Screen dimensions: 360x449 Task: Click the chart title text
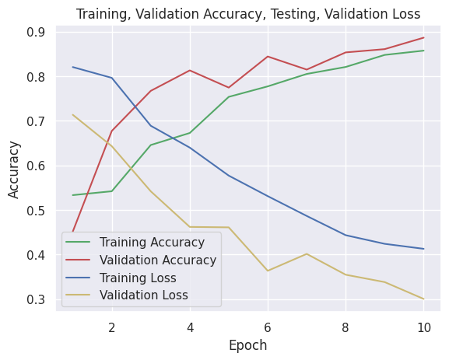[x=248, y=14]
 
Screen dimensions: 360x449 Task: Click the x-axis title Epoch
[x=248, y=345]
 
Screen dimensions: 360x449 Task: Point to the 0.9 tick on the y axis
[x=36, y=33]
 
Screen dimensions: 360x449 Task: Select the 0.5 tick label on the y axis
[x=36, y=211]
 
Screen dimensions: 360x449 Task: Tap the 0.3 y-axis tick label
[x=36, y=300]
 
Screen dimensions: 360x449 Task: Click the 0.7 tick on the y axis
[x=36, y=121]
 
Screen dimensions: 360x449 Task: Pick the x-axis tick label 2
[x=112, y=327]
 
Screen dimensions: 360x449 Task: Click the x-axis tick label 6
[x=268, y=327]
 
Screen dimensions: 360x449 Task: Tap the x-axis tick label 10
[x=423, y=327]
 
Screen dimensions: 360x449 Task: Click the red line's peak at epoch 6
[x=268, y=56]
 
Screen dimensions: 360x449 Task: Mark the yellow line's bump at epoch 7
[x=307, y=253]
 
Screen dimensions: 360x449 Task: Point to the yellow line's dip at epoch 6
[x=268, y=271]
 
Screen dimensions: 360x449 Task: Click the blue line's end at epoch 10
[x=423, y=249]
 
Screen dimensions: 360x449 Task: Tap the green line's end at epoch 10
[x=423, y=51]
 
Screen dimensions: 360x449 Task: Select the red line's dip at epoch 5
[x=229, y=87]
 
